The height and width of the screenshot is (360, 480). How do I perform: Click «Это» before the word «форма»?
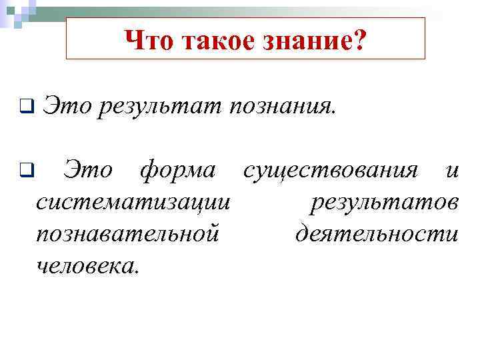coord(89,172)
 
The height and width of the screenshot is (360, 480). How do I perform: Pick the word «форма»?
coord(177,172)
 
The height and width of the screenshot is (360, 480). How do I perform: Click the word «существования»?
coord(331,172)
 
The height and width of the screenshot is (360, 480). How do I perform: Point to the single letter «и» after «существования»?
coord(452,172)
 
